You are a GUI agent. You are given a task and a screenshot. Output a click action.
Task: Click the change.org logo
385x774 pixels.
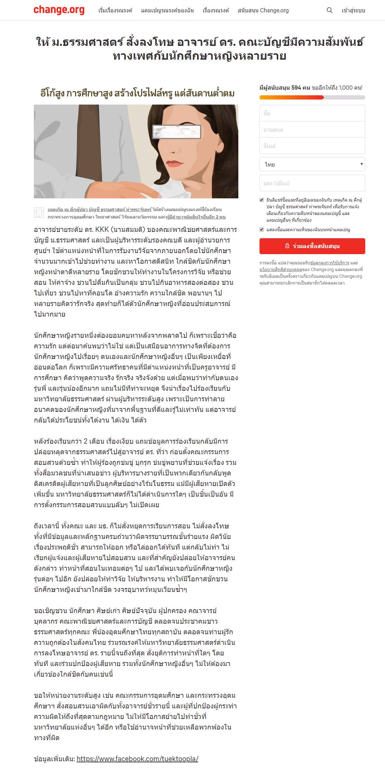click(x=59, y=10)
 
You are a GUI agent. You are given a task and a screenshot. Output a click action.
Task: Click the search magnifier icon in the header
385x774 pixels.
click(x=330, y=11)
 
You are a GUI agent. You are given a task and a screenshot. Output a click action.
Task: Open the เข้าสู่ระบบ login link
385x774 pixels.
click(x=353, y=11)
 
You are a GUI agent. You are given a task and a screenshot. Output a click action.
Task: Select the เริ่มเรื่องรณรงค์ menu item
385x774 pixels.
click(x=115, y=11)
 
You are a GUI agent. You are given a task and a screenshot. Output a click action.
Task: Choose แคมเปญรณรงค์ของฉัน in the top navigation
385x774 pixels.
click(x=167, y=11)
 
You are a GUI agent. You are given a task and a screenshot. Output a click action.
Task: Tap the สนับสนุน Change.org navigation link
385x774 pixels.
click(x=263, y=11)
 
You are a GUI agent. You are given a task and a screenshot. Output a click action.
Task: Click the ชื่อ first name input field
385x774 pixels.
click(x=312, y=113)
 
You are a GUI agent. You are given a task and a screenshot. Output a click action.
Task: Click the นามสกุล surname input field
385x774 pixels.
click(x=312, y=130)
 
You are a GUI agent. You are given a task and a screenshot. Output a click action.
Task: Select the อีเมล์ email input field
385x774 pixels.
click(x=312, y=146)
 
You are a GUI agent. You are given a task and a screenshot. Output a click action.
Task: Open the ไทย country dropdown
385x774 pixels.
click(x=312, y=164)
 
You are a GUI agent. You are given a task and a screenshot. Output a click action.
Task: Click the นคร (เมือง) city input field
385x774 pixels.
click(x=312, y=183)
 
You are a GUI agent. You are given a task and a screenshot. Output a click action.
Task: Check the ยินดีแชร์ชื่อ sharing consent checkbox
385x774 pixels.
click(x=262, y=200)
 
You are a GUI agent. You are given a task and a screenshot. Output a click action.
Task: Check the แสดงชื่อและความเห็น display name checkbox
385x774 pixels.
click(x=262, y=229)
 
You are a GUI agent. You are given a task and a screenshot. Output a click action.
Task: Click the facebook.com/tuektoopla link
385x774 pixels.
click(x=137, y=758)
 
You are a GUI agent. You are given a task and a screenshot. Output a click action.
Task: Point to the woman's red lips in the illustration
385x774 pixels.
click(x=175, y=164)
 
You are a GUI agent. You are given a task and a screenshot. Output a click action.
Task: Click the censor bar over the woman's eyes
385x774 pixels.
click(x=177, y=131)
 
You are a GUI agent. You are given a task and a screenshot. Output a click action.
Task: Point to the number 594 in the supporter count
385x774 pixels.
click(x=296, y=88)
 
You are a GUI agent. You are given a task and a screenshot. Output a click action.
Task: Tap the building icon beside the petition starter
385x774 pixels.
click(x=39, y=213)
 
